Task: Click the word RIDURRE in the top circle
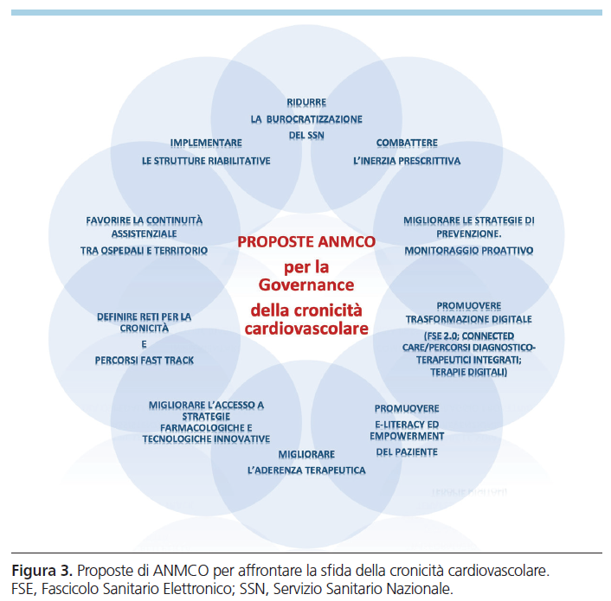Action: [306, 102]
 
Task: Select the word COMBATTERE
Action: [407, 143]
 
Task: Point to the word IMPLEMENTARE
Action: [206, 143]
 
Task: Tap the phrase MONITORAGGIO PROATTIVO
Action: [469, 250]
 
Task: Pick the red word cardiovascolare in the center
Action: [306, 329]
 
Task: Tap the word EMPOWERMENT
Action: [407, 437]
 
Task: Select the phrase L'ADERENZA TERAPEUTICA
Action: [306, 470]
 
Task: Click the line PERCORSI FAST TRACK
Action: [145, 360]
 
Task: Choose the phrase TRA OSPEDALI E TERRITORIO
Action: [144, 250]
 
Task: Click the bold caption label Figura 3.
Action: [41, 572]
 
